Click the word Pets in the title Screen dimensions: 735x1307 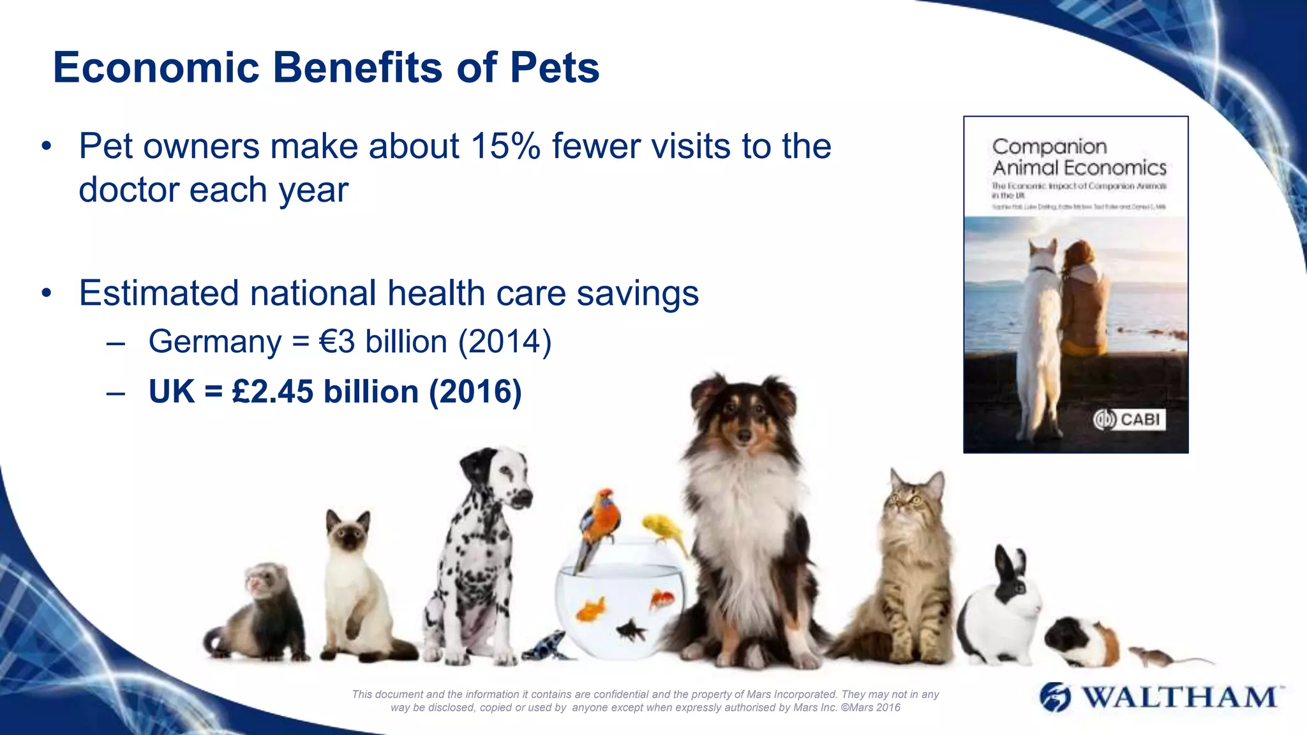click(x=554, y=68)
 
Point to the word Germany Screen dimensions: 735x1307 click(x=214, y=341)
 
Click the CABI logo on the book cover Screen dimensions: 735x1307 click(x=1130, y=419)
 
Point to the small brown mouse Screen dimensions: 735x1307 click(x=1153, y=655)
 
